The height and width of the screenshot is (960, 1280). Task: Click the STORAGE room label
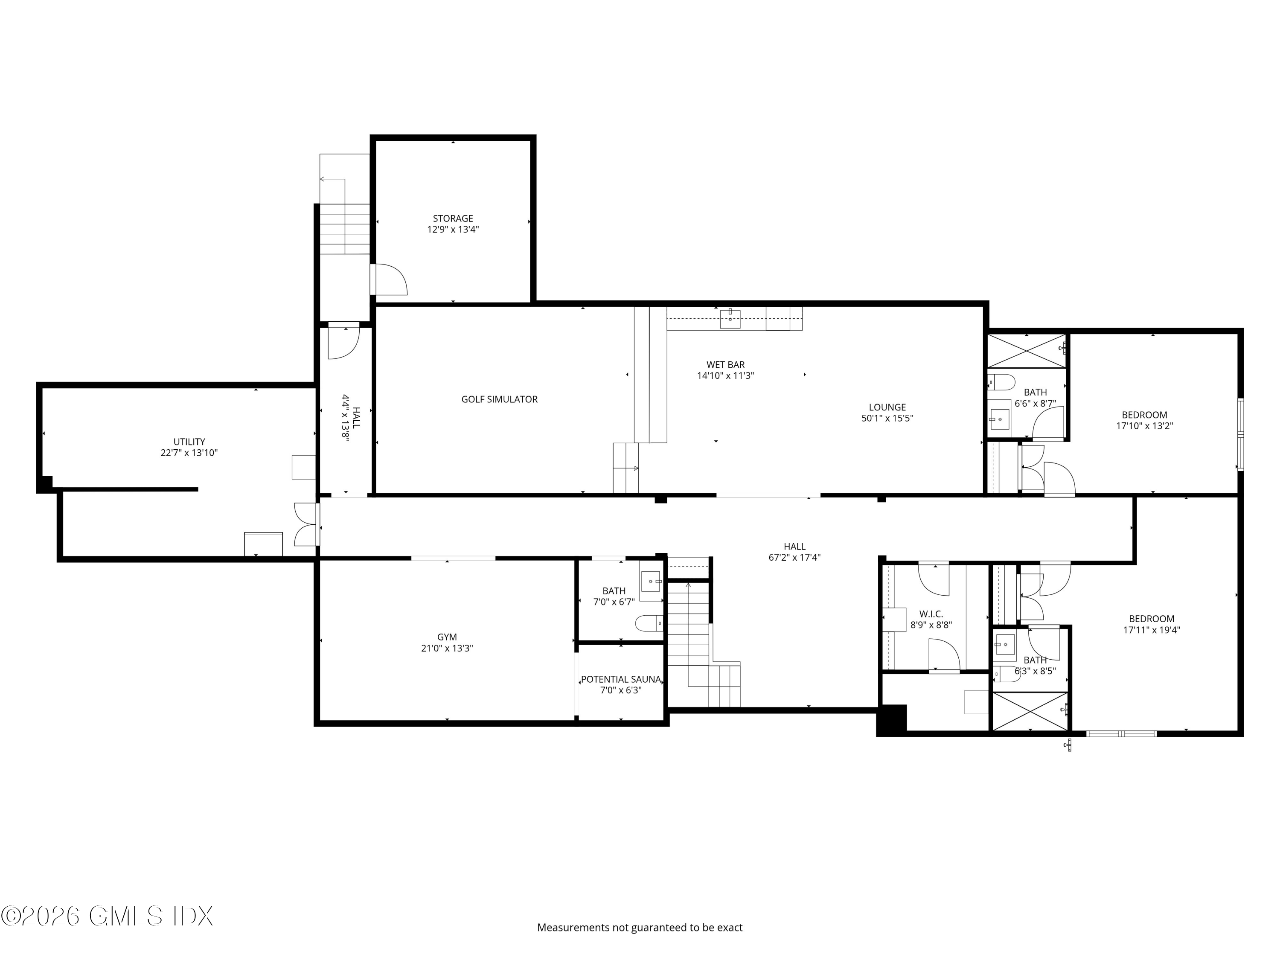[453, 218]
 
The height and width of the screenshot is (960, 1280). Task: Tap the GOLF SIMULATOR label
[499, 399]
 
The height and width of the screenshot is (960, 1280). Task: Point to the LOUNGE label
[887, 407]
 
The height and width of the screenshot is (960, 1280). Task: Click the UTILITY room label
[189, 442]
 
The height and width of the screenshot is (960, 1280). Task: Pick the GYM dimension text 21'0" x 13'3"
[447, 648]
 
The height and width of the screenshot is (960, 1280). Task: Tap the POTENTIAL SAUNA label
[620, 679]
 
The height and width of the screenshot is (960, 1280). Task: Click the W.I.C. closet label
[931, 614]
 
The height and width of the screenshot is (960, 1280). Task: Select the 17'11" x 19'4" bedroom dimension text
[1151, 630]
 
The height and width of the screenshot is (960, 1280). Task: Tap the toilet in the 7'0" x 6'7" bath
[649, 623]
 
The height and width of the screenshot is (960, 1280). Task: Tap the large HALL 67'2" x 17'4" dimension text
[794, 557]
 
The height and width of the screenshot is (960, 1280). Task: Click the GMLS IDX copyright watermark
[107, 916]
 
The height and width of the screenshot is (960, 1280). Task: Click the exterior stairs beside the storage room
[345, 229]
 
